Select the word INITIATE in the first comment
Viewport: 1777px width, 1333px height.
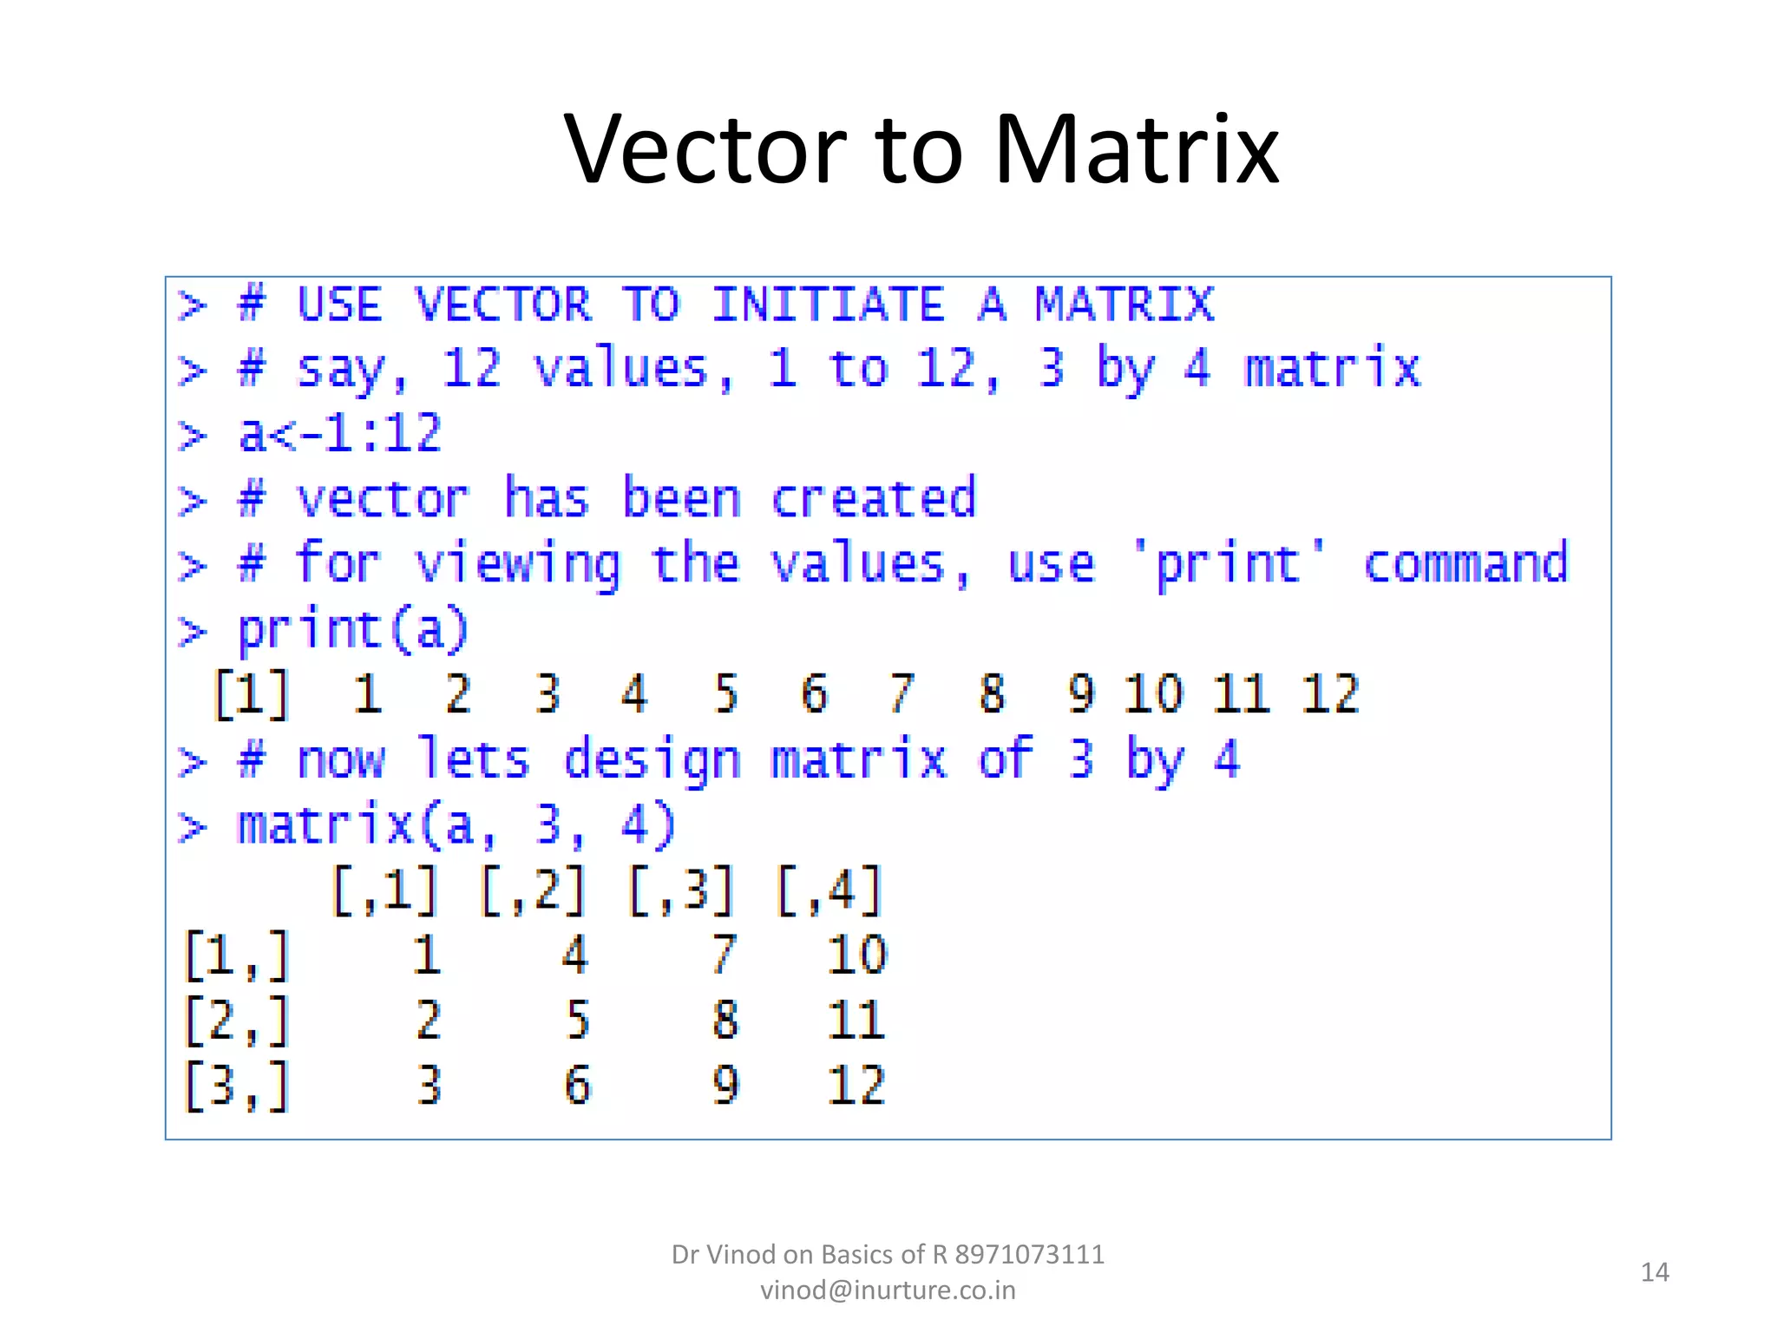(829, 305)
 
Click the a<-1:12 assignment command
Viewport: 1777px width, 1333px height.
(340, 433)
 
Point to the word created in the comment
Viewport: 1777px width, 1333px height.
(874, 499)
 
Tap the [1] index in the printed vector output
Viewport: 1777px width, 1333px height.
(252, 694)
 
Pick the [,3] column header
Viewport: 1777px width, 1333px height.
(682, 890)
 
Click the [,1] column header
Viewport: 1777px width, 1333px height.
(385, 890)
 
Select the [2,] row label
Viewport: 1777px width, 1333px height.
(236, 1021)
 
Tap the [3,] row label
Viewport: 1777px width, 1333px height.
(236, 1086)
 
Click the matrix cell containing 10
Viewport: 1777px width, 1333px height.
(856, 955)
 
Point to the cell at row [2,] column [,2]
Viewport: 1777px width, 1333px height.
(577, 1021)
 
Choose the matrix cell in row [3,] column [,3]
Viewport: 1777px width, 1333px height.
(725, 1086)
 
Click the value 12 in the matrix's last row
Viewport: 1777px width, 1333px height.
(856, 1086)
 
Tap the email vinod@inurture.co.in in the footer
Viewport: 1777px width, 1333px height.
(888, 1290)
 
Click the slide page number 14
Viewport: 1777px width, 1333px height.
(1655, 1272)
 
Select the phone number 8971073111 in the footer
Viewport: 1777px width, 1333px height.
(1030, 1254)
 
